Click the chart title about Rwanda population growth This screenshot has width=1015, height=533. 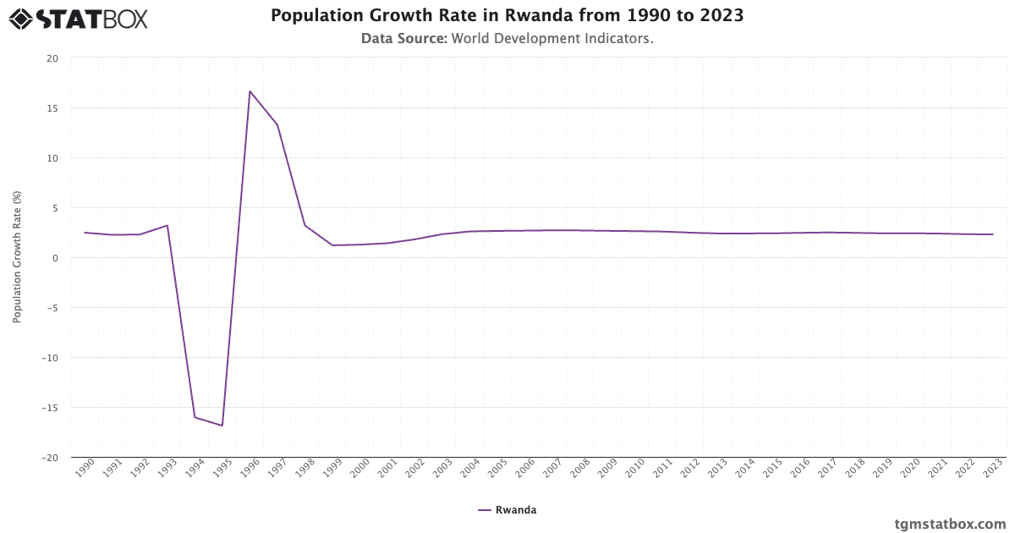tap(507, 15)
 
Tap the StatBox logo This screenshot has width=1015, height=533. tap(79, 18)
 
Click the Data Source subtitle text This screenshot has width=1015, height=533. tap(507, 38)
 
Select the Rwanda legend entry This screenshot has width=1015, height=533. tap(507, 510)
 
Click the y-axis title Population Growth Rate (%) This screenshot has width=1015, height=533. tap(17, 257)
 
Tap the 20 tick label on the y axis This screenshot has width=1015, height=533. tap(52, 58)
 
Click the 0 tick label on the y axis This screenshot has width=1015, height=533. tap(55, 258)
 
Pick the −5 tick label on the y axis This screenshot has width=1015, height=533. tap(52, 308)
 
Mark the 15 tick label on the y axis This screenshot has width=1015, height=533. tap(52, 108)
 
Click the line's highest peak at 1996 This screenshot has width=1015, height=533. tap(250, 91)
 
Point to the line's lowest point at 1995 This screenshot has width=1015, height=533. tap(222, 426)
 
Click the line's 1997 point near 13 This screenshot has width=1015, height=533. tap(277, 125)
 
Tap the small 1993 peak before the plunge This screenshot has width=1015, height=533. tap(167, 225)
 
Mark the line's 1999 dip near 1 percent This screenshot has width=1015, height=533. tap(332, 245)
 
